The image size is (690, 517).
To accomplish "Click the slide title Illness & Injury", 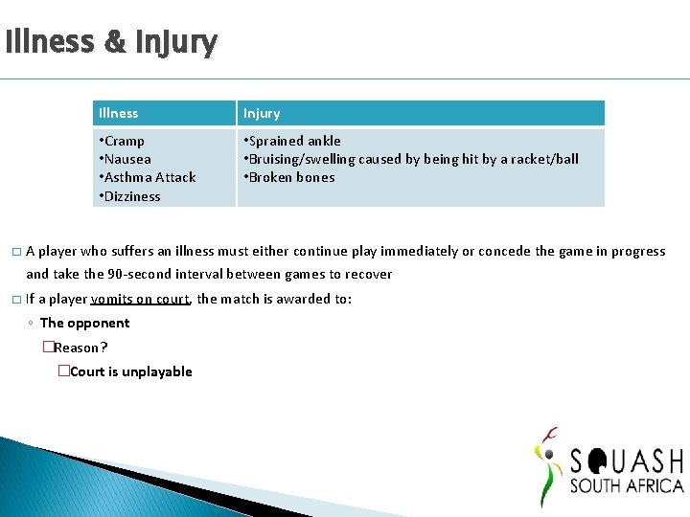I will [111, 42].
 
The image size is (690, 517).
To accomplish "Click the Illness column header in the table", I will [118, 113].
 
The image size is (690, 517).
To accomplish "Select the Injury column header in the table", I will [262, 113].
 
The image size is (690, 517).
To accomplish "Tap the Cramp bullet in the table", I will [124, 141].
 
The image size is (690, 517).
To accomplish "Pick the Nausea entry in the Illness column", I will [126, 159].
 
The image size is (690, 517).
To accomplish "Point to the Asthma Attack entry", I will [149, 177].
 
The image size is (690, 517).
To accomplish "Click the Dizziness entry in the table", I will [131, 196].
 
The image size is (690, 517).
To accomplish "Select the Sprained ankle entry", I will [294, 141].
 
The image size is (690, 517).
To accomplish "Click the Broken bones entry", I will [290, 177].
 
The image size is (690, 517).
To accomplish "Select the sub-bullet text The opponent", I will [84, 323].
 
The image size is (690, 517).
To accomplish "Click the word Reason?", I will [80, 348].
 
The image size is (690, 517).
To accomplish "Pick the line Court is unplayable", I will [130, 371].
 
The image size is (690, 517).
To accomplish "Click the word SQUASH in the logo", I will [626, 461].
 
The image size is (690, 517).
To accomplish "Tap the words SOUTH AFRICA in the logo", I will [626, 486].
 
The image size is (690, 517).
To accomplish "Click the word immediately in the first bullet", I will [419, 251].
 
